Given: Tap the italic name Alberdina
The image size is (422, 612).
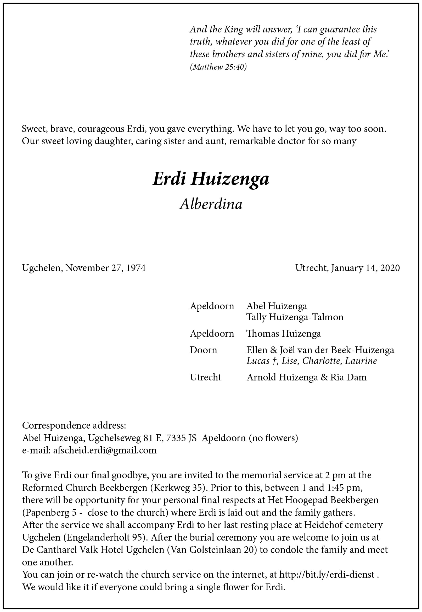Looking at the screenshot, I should pyautogui.click(x=211, y=204).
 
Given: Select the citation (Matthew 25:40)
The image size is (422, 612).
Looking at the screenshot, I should pyautogui.click(x=218, y=67).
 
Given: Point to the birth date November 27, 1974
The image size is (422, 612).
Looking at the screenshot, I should pyautogui.click(x=105, y=268).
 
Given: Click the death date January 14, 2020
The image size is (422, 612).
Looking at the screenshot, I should pyautogui.click(x=365, y=268).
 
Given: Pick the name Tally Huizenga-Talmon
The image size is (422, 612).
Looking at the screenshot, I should pyautogui.click(x=295, y=317).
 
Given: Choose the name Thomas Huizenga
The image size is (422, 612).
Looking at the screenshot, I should pyautogui.click(x=283, y=334).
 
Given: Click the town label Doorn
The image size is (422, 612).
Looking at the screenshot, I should pyautogui.click(x=203, y=350).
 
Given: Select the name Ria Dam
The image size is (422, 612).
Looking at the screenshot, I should pyautogui.click(x=348, y=377).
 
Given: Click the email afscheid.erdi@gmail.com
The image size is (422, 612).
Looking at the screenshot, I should pyautogui.click(x=105, y=450).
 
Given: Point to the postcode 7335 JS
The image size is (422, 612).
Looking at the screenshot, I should pyautogui.click(x=181, y=438).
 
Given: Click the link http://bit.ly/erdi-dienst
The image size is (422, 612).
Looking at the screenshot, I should pyautogui.click(x=327, y=575).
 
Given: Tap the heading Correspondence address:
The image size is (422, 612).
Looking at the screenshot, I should pyautogui.click(x=74, y=425).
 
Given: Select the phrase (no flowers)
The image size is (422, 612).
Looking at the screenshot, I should pyautogui.click(x=273, y=438).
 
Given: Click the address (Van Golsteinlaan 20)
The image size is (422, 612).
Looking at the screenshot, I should pyautogui.click(x=212, y=550).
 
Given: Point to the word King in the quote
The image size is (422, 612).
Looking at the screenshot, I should pyautogui.click(x=233, y=29).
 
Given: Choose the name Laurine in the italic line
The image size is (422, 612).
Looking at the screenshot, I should pyautogui.click(x=361, y=361).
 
